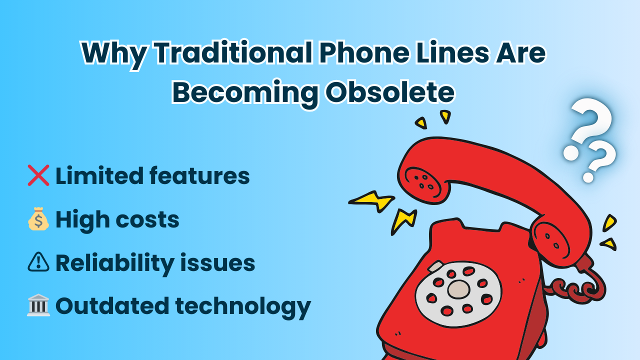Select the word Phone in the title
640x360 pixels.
point(364,53)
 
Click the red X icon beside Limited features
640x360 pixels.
point(38,175)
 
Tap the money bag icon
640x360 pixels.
point(38,219)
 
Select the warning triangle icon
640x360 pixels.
point(38,262)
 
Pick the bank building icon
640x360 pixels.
point(38,305)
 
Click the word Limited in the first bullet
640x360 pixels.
point(99,175)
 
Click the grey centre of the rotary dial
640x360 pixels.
point(458,289)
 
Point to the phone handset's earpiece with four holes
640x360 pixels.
point(423,182)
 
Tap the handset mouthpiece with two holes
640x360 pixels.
point(551,241)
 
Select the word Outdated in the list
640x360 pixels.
point(112,305)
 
